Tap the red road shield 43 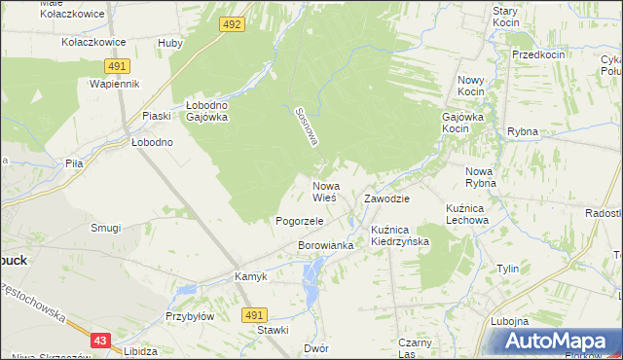pyautogui.click(x=100, y=341)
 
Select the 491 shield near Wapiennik pyautogui.click(x=117, y=65)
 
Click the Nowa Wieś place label pyautogui.click(x=325, y=192)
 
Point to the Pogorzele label pyautogui.click(x=299, y=221)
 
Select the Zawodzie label pyautogui.click(x=386, y=198)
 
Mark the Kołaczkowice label pyautogui.click(x=93, y=43)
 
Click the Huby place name pyautogui.click(x=170, y=43)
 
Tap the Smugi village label pyautogui.click(x=105, y=228)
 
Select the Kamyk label pyautogui.click(x=250, y=276)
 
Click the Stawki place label pyautogui.click(x=273, y=331)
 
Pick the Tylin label pyautogui.click(x=507, y=268)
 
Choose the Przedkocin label pyautogui.click(x=538, y=54)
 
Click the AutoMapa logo pyautogui.click(x=560, y=342)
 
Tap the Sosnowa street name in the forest pyautogui.click(x=307, y=126)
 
